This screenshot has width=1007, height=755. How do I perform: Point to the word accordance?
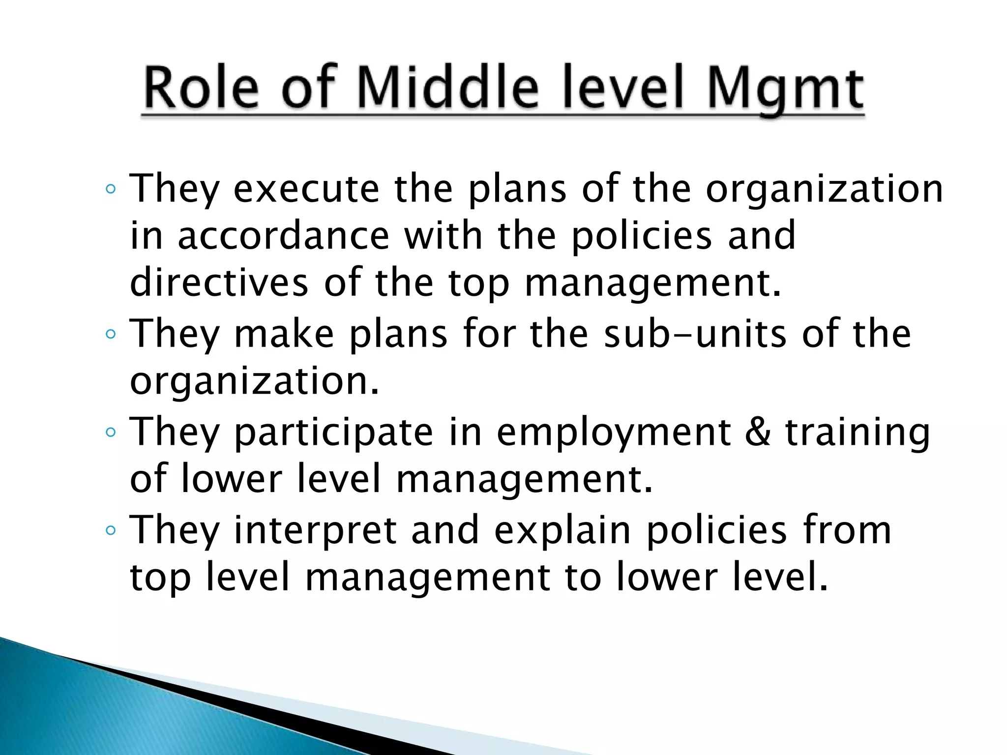283,235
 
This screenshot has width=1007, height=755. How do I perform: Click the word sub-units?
695,334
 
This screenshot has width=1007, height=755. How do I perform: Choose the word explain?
563,531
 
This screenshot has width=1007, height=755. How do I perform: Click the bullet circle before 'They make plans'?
111,334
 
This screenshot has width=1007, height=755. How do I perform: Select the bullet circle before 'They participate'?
111,433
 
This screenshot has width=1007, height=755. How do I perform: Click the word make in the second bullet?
284,334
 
